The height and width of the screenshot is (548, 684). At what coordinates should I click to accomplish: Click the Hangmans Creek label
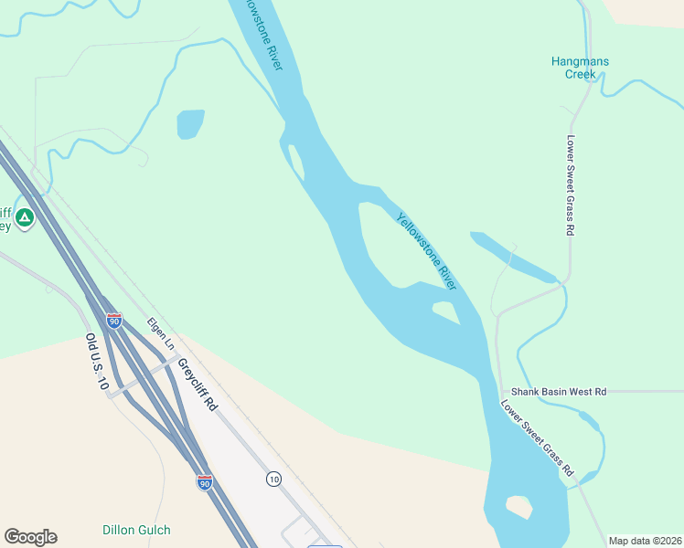tap(580, 68)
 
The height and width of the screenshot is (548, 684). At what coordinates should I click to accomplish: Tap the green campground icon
tap(25, 217)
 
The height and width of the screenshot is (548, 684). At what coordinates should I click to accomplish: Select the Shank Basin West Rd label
tap(558, 391)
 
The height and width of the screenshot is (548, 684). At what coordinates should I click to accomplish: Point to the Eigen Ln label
tap(161, 333)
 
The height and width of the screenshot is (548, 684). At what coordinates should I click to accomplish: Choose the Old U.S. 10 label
tap(96, 363)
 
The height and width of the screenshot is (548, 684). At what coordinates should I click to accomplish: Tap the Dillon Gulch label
tap(136, 530)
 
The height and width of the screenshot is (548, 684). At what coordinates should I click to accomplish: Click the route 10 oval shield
tap(273, 479)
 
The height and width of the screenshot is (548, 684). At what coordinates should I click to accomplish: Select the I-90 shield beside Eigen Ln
tap(113, 321)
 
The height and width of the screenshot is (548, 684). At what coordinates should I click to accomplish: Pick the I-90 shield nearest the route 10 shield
tap(204, 481)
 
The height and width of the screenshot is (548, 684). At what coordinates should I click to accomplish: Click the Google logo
tap(30, 537)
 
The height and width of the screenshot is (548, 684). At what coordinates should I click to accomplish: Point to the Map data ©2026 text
tap(645, 541)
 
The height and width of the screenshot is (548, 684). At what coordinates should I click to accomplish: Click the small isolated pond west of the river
tap(190, 123)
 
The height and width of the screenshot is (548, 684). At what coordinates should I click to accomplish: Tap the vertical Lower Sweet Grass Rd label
tap(569, 186)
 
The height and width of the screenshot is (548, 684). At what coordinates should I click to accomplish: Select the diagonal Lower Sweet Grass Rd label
tap(537, 438)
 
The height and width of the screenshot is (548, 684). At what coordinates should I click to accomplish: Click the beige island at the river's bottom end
tap(519, 506)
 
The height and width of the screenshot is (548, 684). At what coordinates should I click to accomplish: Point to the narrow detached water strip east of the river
tap(512, 257)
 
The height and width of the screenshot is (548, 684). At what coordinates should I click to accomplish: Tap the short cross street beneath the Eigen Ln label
tap(146, 374)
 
